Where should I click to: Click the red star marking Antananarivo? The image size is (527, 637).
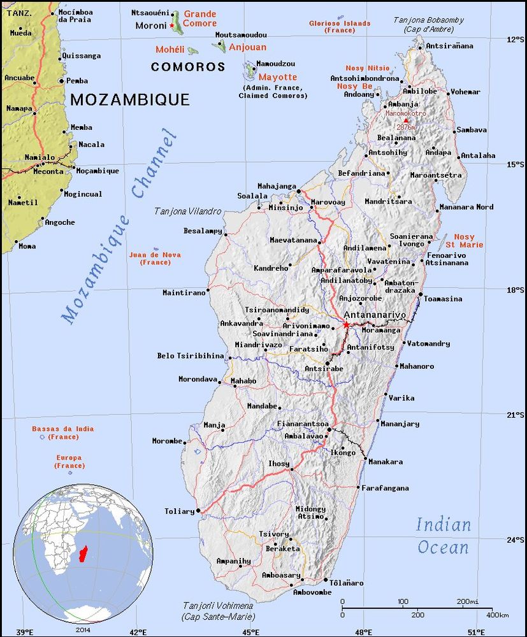pyautogui.click(x=346, y=325)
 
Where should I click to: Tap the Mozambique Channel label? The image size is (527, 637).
pyautogui.click(x=119, y=226)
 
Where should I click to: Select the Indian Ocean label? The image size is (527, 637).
pyautogui.click(x=444, y=536)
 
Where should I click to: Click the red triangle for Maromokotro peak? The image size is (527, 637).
pyautogui.click(x=406, y=120)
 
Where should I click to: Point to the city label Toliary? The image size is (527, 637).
pyautogui.click(x=179, y=511)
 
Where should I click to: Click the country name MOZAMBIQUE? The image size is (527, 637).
pyautogui.click(x=130, y=99)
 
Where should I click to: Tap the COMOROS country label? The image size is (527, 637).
pyautogui.click(x=188, y=67)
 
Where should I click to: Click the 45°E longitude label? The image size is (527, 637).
pyautogui.click(x=250, y=632)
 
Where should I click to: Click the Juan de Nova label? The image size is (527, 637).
pyautogui.click(x=155, y=258)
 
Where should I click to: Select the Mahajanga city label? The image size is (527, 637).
pyautogui.click(x=277, y=186)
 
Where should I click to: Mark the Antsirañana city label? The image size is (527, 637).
pyautogui.click(x=449, y=46)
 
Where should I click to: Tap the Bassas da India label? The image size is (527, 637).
pyautogui.click(x=62, y=433)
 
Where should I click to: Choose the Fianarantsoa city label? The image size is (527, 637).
pyautogui.click(x=303, y=424)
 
